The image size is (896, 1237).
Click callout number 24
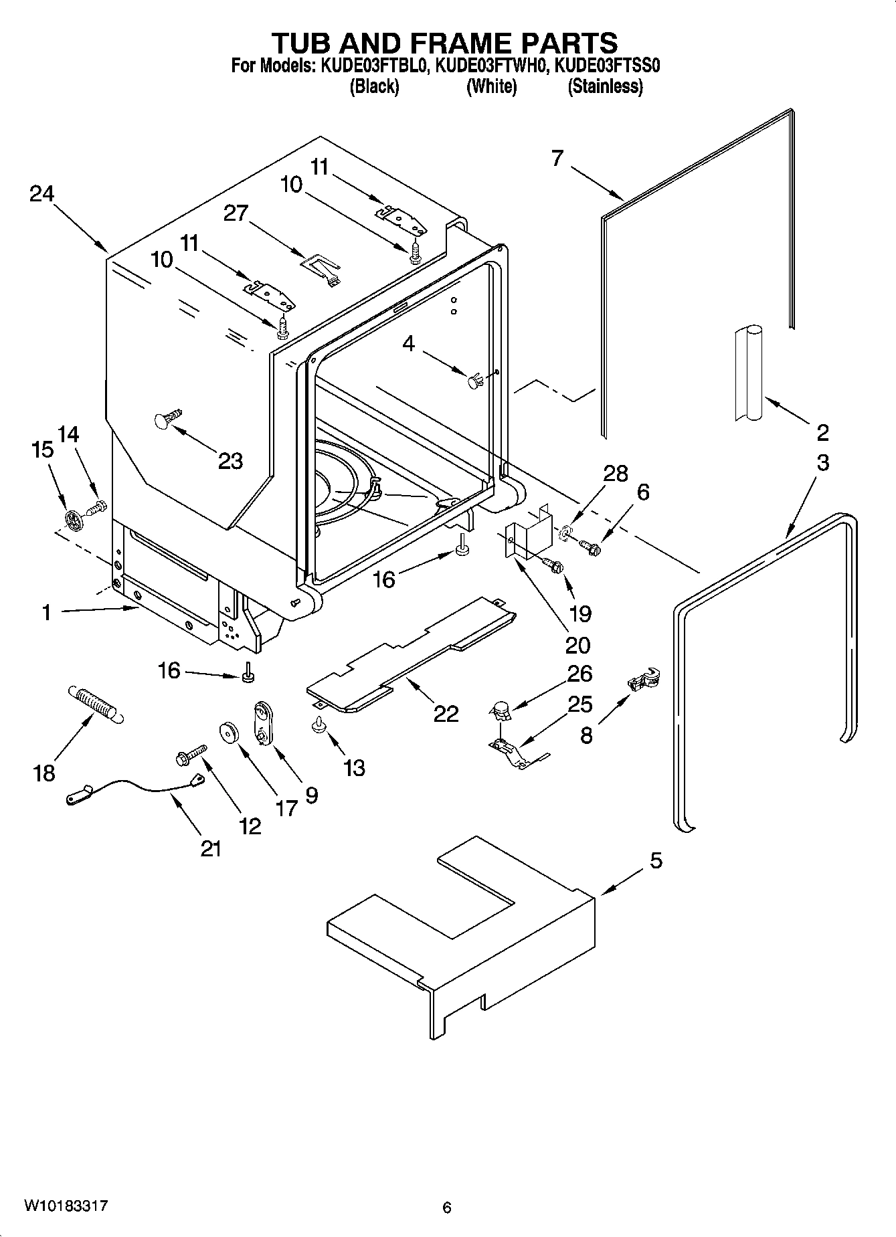(41, 194)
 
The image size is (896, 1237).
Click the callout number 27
(236, 213)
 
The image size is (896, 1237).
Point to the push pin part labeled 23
(169, 419)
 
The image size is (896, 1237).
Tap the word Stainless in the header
(605, 86)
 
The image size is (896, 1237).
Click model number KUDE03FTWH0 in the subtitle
(491, 66)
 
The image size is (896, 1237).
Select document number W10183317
(66, 1206)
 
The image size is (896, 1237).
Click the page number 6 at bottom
(447, 1208)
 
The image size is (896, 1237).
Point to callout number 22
(446, 714)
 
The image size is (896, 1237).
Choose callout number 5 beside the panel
(656, 860)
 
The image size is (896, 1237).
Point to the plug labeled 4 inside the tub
(474, 382)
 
